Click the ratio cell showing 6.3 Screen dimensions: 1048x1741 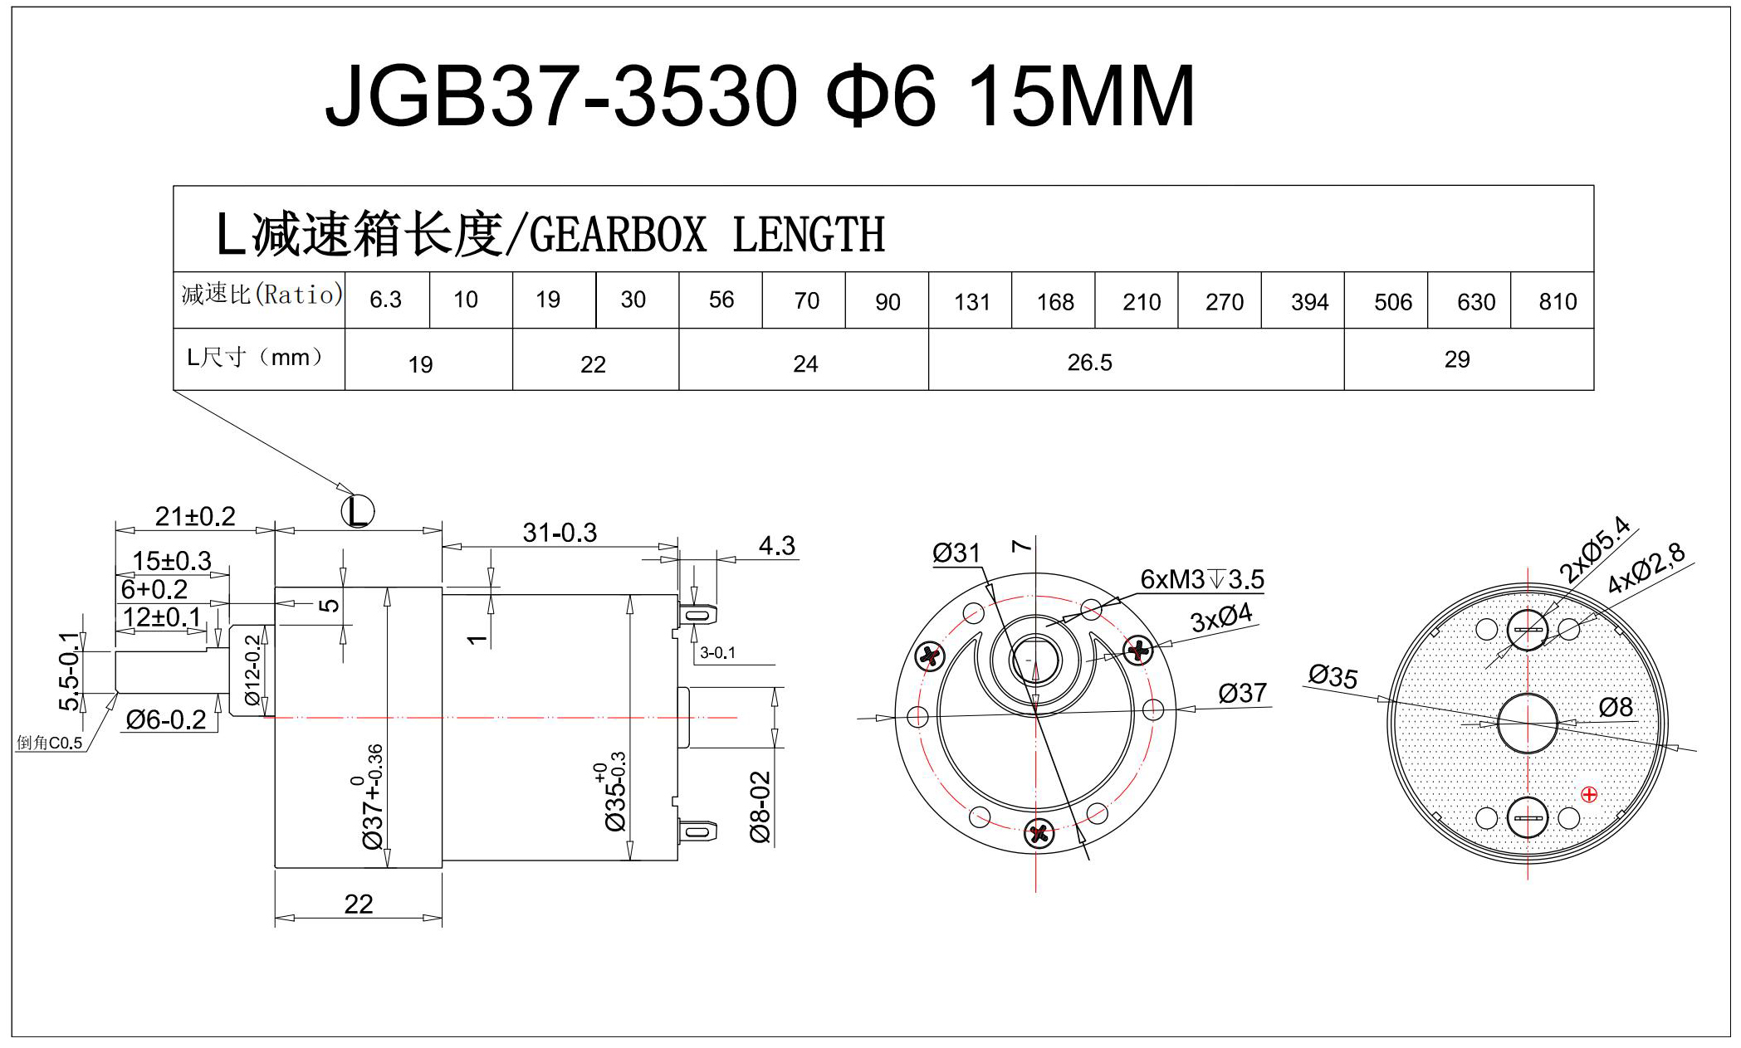[x=386, y=300]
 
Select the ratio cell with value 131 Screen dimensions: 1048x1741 [x=971, y=302]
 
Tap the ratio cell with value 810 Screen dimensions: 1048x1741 [x=1557, y=301]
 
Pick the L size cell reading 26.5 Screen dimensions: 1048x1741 [x=1089, y=363]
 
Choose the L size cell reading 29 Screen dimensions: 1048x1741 [x=1456, y=359]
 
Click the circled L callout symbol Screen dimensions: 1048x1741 [x=358, y=511]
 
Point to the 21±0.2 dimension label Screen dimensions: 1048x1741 [x=195, y=516]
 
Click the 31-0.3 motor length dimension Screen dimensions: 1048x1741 [x=559, y=533]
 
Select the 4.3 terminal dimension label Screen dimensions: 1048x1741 [x=776, y=546]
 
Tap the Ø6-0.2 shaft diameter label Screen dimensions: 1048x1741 [x=165, y=719]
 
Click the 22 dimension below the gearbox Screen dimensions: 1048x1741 [x=358, y=904]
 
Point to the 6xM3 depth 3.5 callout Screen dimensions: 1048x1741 [x=1201, y=579]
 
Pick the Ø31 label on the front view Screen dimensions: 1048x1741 [x=956, y=553]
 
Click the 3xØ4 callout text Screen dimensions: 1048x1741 [x=1220, y=618]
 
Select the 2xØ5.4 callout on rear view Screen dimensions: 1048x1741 [x=1593, y=549]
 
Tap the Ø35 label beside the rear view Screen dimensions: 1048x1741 [x=1333, y=676]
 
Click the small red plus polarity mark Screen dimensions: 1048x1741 [x=1589, y=795]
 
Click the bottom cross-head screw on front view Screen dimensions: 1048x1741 [x=1039, y=833]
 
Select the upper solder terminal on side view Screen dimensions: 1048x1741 [x=697, y=615]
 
